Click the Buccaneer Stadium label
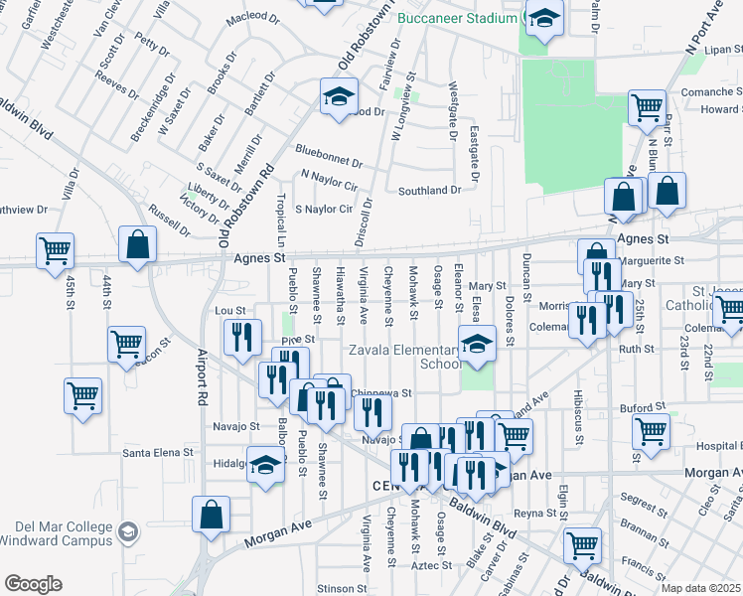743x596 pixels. [x=457, y=18]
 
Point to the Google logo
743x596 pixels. [x=33, y=584]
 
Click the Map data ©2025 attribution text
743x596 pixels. [x=701, y=588]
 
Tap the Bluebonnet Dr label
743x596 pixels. [x=329, y=155]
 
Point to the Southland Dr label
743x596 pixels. [x=430, y=190]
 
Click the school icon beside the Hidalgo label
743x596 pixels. [x=265, y=464]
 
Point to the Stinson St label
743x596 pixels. [x=336, y=589]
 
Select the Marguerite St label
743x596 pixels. [x=653, y=260]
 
